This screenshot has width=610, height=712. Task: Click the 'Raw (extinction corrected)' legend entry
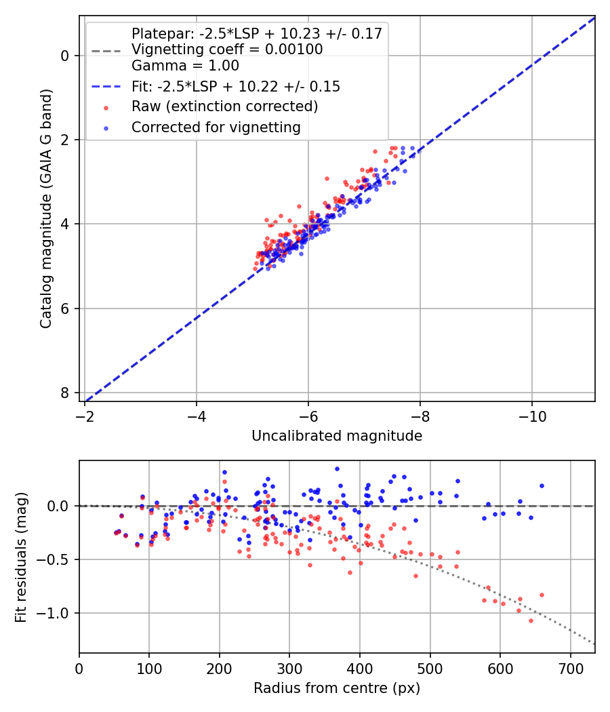click(224, 106)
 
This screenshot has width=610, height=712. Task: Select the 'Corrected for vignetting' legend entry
click(216, 127)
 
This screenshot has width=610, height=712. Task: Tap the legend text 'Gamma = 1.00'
click(185, 66)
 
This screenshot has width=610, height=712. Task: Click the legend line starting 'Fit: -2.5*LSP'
click(236, 86)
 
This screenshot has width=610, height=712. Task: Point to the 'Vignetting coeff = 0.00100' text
click(227, 50)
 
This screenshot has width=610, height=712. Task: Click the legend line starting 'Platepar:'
click(257, 33)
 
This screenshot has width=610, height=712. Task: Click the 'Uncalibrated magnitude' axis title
click(337, 436)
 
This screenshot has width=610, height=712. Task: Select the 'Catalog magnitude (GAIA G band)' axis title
click(46, 208)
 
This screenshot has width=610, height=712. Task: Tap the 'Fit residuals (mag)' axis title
click(20, 557)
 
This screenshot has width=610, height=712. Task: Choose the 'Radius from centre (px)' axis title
click(337, 688)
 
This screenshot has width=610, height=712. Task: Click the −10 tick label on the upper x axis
click(532, 416)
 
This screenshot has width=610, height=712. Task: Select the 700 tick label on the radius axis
click(570, 669)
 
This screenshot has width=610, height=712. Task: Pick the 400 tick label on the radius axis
click(360, 669)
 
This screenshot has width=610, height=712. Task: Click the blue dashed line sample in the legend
click(106, 86)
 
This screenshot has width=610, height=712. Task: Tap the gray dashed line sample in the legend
click(106, 51)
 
